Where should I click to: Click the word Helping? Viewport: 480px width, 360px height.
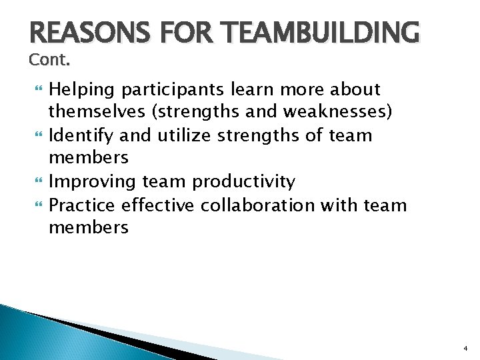[x=80, y=89]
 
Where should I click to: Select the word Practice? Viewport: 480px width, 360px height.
[x=81, y=205]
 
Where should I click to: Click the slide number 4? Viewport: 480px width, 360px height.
[x=464, y=348]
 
